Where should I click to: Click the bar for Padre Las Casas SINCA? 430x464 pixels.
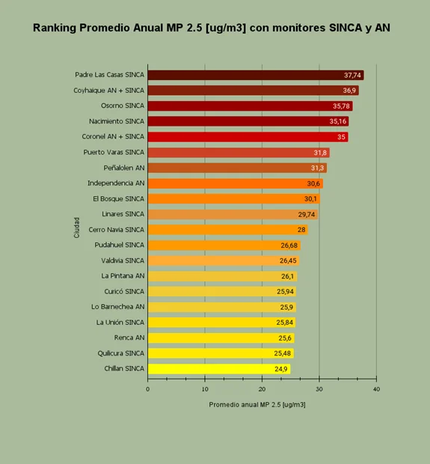pyautogui.click(x=256, y=75)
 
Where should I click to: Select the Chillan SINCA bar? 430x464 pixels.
pyautogui.click(x=219, y=369)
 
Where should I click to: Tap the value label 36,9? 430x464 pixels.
pyautogui.click(x=349, y=91)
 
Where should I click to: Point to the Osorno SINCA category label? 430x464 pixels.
pyautogui.click(x=123, y=106)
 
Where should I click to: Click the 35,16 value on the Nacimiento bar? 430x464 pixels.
pyautogui.click(x=338, y=121)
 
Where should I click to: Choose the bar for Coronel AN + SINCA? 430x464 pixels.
pyautogui.click(x=248, y=137)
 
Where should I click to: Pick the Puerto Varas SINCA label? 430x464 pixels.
pyautogui.click(x=114, y=152)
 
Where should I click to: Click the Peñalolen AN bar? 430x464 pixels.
pyautogui.click(x=237, y=168)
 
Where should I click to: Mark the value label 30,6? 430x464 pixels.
pyautogui.click(x=313, y=184)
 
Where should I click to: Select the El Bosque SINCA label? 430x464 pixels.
pyautogui.click(x=119, y=199)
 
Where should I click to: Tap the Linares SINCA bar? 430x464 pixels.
pyautogui.click(x=233, y=214)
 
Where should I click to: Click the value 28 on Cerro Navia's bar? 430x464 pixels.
pyautogui.click(x=301, y=230)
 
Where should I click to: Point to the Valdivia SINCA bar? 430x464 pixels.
pyautogui.click(x=224, y=260)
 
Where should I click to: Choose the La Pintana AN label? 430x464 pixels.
pyautogui.click(x=123, y=276)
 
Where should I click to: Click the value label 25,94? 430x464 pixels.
pyautogui.click(x=285, y=292)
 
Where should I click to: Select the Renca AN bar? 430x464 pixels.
pyautogui.click(x=221, y=338)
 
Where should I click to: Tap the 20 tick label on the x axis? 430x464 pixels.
pyautogui.click(x=262, y=389)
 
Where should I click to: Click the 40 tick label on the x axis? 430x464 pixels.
pyautogui.click(x=376, y=389)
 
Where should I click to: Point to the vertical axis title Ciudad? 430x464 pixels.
pyautogui.click(x=76, y=228)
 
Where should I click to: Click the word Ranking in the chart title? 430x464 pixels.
pyautogui.click(x=55, y=28)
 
